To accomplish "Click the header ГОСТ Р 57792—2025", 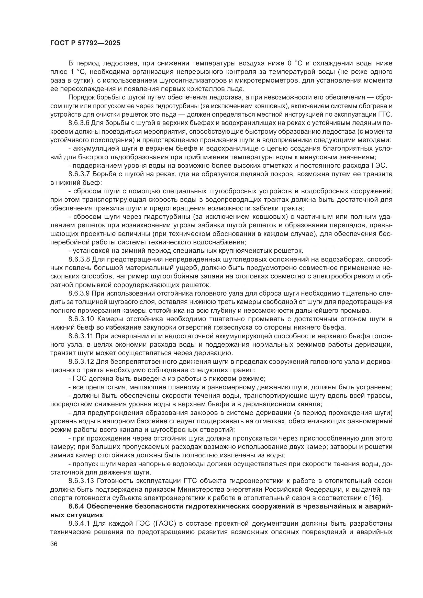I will [x=85, y=43].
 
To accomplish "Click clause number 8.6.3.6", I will [x=79, y=123].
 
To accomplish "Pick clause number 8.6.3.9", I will [x=79, y=293].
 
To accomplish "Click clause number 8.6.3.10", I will [x=81, y=319].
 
